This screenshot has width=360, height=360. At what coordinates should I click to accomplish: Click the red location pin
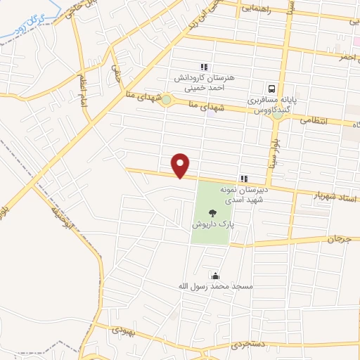click(182, 165)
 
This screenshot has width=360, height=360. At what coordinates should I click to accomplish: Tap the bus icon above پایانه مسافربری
click(271, 89)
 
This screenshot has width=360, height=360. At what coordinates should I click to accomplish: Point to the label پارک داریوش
click(212, 224)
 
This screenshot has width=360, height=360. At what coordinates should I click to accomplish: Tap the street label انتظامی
click(314, 120)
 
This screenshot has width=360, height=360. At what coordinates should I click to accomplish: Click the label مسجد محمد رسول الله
click(214, 287)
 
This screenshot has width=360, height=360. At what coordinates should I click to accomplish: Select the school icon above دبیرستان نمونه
click(244, 179)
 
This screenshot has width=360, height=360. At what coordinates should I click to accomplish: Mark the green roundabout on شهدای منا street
click(165, 100)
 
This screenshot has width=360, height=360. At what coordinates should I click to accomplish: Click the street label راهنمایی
click(259, 9)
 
